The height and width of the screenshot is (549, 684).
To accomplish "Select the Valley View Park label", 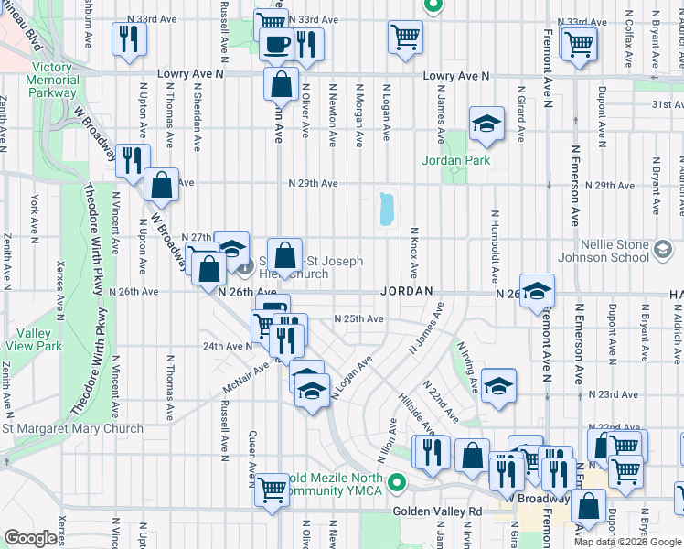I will click(32, 339).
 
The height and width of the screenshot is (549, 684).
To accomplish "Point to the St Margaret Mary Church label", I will click(72, 428).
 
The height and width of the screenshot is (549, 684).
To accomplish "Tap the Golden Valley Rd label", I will click(436, 511).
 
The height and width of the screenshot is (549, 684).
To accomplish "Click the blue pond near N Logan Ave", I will click(386, 209).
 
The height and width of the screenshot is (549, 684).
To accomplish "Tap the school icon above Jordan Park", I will click(487, 124).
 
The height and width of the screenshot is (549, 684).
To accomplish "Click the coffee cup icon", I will click(275, 42).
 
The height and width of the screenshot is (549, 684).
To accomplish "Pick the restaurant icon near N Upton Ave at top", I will click(128, 38).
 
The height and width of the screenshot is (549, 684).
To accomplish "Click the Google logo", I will click(31, 538).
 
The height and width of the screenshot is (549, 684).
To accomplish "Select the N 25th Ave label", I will click(358, 318).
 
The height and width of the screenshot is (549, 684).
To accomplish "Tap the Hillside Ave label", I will click(415, 414).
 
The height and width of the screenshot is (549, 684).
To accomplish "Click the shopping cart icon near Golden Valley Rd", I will click(273, 489).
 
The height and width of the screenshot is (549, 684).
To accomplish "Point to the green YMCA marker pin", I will click(396, 481).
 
